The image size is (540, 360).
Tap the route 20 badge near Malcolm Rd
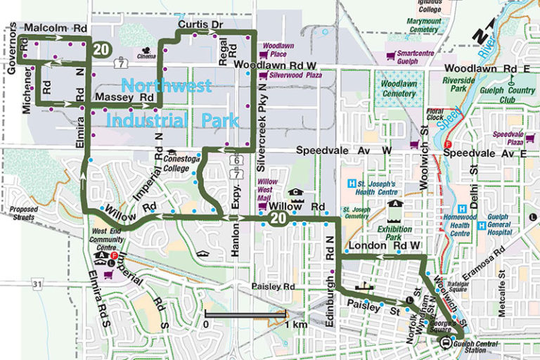[x=101, y=48]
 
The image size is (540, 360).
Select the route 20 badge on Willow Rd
[x=277, y=219]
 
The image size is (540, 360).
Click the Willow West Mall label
[x=270, y=188]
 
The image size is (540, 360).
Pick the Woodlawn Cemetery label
[x=399, y=88]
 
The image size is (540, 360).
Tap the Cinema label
[x=147, y=56]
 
